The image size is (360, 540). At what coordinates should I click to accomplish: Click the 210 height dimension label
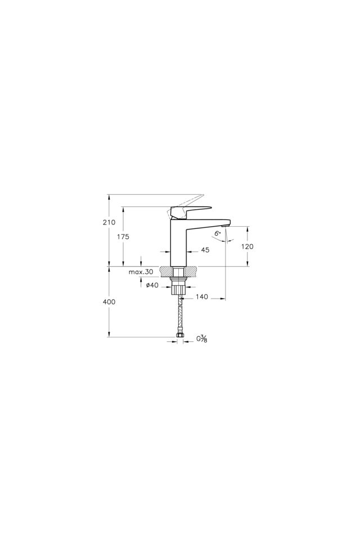coord(109,223)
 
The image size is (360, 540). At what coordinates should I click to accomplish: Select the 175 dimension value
coord(123,237)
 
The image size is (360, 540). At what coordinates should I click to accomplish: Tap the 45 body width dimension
coord(205,250)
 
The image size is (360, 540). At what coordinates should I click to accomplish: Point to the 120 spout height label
coord(247,246)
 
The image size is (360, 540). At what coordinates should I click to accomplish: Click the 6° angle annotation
coord(217,233)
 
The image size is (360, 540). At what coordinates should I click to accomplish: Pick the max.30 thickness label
coord(141,272)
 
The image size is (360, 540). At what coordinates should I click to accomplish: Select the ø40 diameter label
coord(151,285)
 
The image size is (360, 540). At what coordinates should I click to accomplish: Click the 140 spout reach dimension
coord(202,296)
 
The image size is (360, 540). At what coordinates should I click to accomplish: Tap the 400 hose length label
coord(109,301)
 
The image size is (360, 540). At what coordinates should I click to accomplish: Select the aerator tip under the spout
coord(226,226)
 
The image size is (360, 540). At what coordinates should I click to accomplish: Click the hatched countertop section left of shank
coord(165,271)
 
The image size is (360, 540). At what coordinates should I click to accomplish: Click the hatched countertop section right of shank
coord(191,271)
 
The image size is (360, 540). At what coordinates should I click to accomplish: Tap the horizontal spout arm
coord(208,220)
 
